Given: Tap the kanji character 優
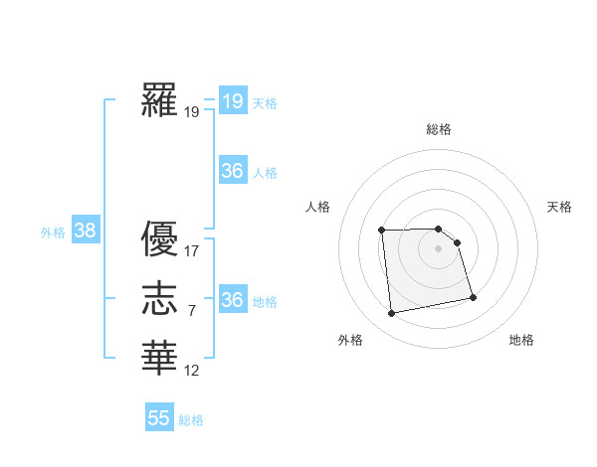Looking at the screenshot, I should coord(161,238).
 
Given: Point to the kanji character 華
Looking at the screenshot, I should coord(161,357).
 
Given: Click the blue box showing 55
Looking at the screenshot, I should coord(159,418).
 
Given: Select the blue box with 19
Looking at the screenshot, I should coord(233,101).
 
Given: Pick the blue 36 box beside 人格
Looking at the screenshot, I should coord(233,171).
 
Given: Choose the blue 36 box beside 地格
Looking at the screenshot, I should coord(233,300).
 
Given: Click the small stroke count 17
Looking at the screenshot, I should coord(192,251).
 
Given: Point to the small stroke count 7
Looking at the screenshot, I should coord(191,311).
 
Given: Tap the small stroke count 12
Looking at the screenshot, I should coord(192,371).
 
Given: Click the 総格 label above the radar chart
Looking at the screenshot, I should coord(439,129).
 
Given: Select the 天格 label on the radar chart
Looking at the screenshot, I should coord(559,207).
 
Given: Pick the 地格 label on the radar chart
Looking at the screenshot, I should coord(521,340).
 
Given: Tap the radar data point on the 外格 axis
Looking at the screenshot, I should coord(392,314).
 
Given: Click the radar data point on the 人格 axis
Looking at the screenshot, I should coord(382,231).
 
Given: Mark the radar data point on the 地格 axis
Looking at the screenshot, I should coord(473,296).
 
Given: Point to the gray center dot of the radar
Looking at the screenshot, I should coord(439,248).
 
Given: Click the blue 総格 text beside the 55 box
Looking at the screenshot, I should coord(191,420).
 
